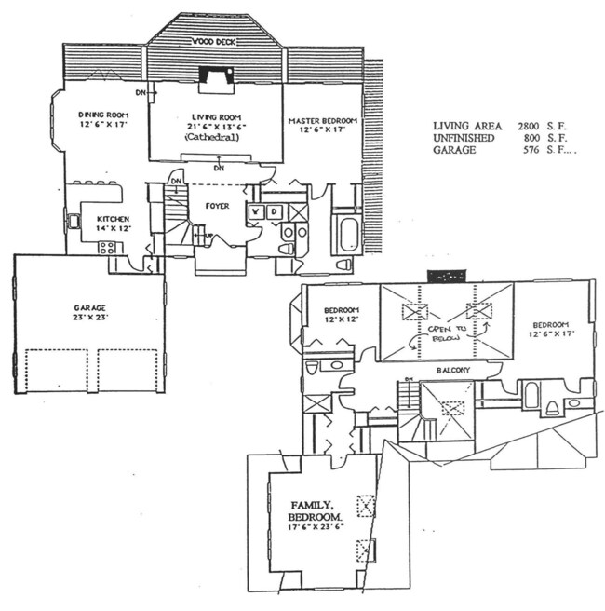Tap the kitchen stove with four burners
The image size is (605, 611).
click(107, 248)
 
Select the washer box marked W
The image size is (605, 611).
click(255, 212)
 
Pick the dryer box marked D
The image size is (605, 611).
click(273, 212)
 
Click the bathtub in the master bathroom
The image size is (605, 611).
click(350, 232)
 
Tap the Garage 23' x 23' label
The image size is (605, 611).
click(88, 311)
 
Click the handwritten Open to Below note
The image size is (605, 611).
click(445, 334)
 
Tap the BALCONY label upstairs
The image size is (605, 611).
click(450, 371)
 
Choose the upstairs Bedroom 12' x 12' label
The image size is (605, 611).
click(341, 316)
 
